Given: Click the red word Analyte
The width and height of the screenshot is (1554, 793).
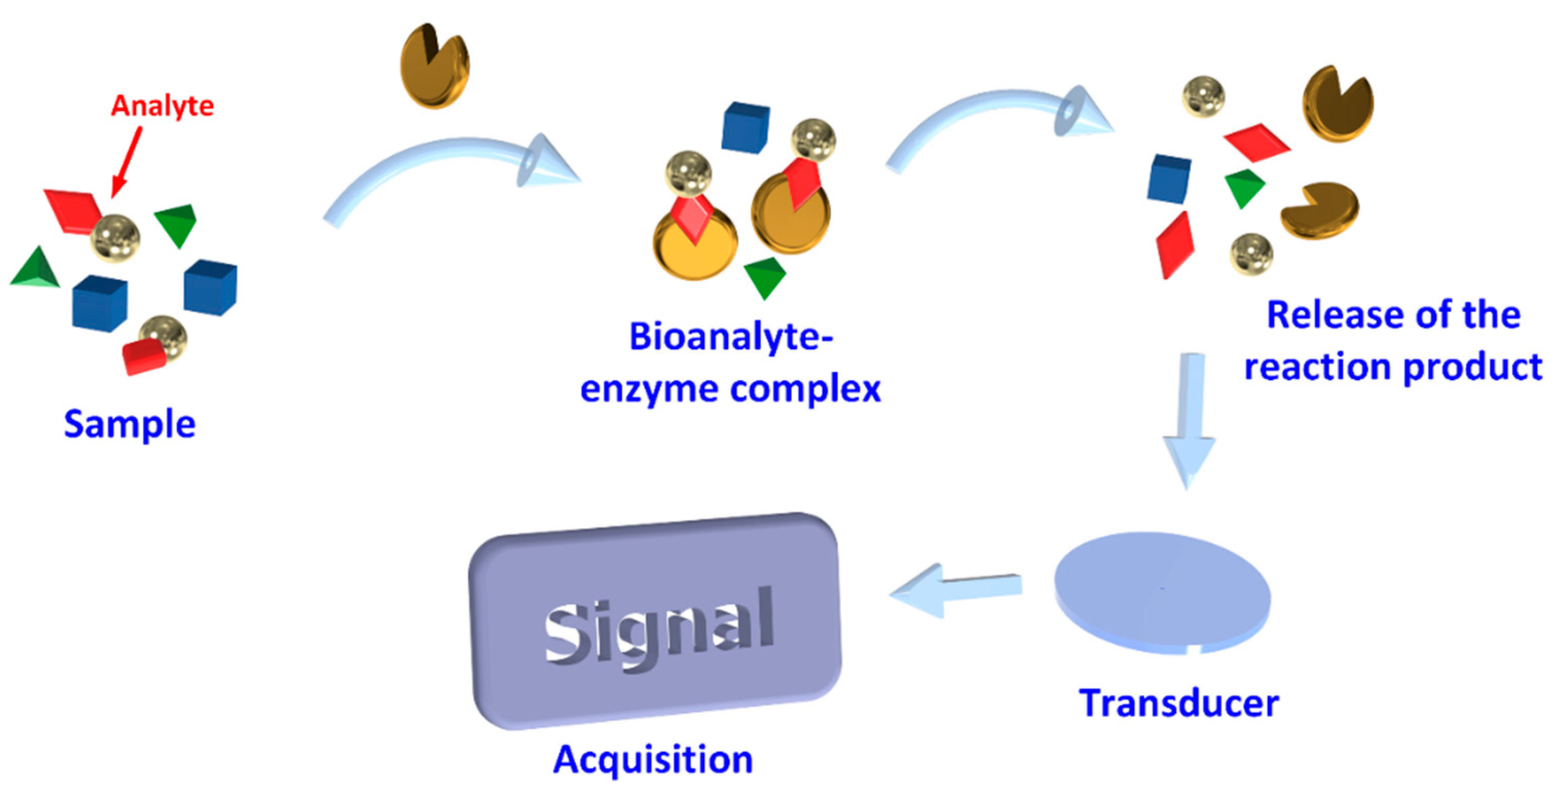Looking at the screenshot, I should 162,106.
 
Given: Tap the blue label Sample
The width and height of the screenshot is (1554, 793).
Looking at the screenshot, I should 129,424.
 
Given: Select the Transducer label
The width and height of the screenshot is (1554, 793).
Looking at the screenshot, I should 1178,704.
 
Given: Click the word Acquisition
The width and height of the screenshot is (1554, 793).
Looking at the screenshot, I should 653,759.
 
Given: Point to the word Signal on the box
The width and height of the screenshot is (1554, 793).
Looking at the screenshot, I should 658,627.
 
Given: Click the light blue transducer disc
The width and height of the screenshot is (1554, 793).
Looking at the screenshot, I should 1162,591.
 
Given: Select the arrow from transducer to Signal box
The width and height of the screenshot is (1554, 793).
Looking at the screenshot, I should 956,590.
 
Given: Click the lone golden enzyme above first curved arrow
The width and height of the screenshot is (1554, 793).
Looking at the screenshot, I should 435,66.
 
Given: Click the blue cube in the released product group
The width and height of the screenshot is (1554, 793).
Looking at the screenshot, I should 1169,178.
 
